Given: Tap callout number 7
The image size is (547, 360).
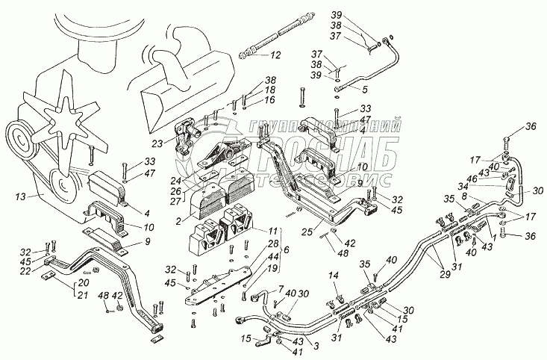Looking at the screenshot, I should point(260,288).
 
